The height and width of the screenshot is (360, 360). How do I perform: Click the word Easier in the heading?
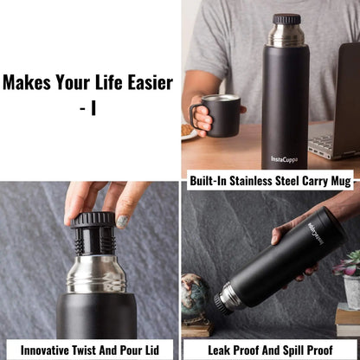(x=144, y=83)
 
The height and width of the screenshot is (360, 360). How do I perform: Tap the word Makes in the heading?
(x=25, y=83)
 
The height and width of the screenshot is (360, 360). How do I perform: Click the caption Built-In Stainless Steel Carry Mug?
(x=271, y=182)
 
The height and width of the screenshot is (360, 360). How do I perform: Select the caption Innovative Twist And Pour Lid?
(x=90, y=350)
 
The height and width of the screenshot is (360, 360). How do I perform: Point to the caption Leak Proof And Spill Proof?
(x=271, y=350)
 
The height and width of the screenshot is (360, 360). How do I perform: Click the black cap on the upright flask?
(x=286, y=18)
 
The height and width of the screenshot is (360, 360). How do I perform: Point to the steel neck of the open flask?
(x=96, y=276)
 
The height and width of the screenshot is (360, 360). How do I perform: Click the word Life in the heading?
(x=100, y=83)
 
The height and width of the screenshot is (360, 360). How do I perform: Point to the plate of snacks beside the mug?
(x=189, y=131)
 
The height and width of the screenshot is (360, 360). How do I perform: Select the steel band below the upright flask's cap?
(x=286, y=35)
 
